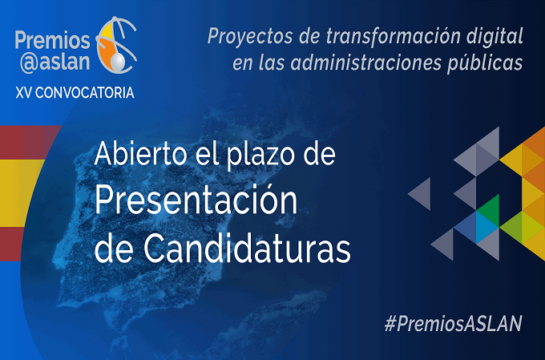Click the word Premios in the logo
pyautogui.click(x=52, y=41)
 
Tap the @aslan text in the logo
pyautogui.click(x=55, y=63)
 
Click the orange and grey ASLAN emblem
pyautogui.click(x=116, y=45)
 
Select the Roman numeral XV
pyautogui.click(x=23, y=93)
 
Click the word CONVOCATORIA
pyautogui.click(x=84, y=93)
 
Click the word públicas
pyautogui.click(x=485, y=63)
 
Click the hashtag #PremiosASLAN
pyautogui.click(x=453, y=323)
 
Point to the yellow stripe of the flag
pyautogui.click(x=19, y=193)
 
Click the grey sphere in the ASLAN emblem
pyautogui.click(x=118, y=62)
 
